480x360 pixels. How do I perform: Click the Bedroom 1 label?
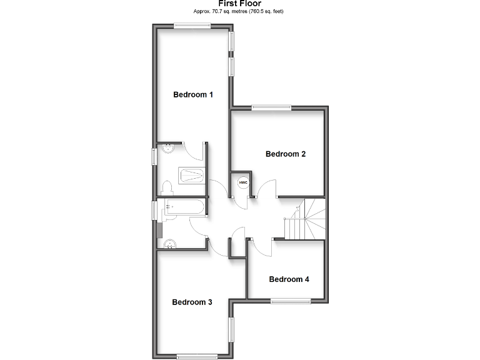193,95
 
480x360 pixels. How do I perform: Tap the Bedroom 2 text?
286,154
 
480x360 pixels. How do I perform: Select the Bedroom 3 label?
192,302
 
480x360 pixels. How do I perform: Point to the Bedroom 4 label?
289,279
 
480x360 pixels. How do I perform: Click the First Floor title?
240,4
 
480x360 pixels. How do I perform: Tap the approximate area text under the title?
240,12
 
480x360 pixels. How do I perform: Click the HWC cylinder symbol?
243,182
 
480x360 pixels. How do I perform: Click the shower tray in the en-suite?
192,175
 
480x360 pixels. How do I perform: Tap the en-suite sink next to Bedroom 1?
168,148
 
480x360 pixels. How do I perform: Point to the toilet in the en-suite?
167,187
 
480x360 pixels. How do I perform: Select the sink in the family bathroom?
169,244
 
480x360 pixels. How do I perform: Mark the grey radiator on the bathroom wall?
159,229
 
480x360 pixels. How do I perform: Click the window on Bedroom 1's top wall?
192,26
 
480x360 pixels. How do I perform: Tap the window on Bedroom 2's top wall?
272,107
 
